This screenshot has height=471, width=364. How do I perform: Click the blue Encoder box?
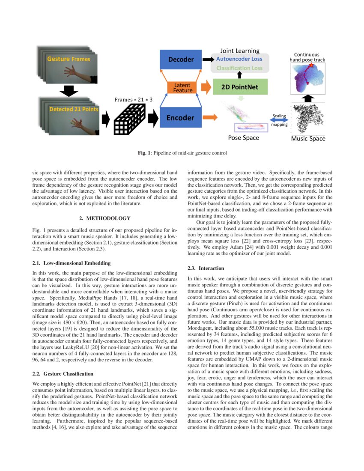point(180,117)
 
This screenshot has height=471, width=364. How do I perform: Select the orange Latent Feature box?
point(182,87)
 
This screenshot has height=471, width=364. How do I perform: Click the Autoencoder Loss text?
point(239,59)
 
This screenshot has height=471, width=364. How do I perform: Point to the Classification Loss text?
point(239,68)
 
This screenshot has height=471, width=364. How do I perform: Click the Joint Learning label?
point(240,51)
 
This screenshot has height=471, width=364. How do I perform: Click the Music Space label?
point(308,138)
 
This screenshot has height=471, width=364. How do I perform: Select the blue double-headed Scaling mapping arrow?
point(279,120)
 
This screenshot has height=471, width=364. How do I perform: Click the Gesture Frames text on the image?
point(69,59)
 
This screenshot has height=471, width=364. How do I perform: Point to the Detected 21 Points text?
point(73,109)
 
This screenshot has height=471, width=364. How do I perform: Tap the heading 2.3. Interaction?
point(206,268)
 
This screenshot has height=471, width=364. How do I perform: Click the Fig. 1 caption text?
point(182,153)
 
